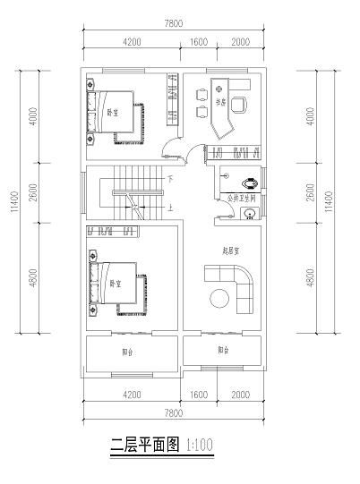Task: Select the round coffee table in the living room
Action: coord(219,298)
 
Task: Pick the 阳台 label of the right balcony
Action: coord(222,351)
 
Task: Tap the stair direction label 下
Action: coord(169,179)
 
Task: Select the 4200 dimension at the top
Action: coord(131,41)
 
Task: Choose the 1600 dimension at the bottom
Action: coord(199,394)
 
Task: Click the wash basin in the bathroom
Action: coord(253,212)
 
